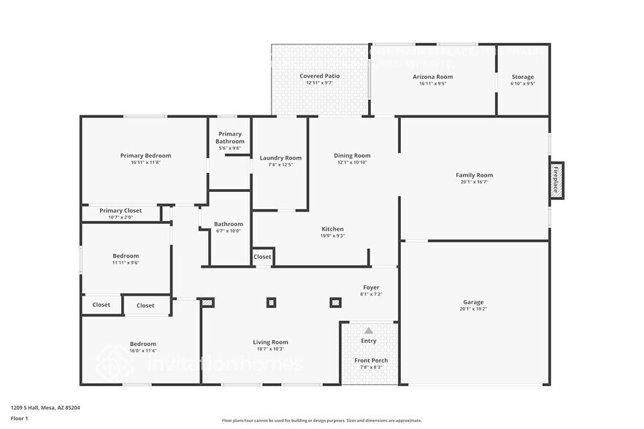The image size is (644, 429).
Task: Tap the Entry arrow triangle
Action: tap(369, 331)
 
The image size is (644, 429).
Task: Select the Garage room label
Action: tap(473, 302)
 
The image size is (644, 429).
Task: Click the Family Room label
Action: tap(474, 175)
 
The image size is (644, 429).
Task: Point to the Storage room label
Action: tap(522, 77)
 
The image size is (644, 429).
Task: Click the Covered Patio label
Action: tap(319, 76)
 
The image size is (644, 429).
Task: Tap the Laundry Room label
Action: tap(280, 158)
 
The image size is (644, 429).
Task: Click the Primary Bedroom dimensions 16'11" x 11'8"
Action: tap(145, 163)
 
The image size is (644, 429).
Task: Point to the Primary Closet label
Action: tap(120, 211)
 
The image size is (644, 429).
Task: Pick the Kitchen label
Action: tap(332, 229)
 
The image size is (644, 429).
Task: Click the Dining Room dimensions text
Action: tap(353, 162)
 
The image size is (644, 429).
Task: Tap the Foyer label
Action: tap(371, 287)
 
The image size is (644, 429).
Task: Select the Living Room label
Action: tap(270, 342)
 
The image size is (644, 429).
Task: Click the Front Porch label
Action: tap(371, 360)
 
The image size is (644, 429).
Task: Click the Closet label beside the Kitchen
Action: tap(262, 257)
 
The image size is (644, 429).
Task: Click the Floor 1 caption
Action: tap(19, 418)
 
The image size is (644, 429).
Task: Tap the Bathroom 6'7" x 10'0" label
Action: tap(228, 224)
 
